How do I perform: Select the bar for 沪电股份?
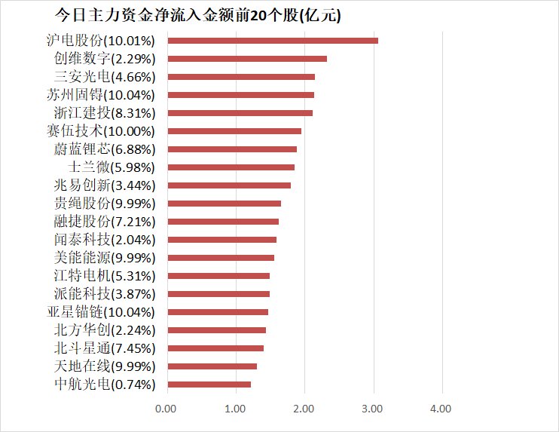[272, 41]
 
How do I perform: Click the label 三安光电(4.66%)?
[105, 77]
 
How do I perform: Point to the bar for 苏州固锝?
[240, 95]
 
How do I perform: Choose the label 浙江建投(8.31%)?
[105, 113]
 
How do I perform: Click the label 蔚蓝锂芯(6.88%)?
[105, 149]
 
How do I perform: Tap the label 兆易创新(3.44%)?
[105, 185]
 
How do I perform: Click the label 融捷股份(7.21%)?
[105, 222]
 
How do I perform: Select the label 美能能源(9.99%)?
[105, 258]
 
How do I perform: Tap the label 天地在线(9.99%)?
[105, 366]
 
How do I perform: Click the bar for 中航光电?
[209, 385]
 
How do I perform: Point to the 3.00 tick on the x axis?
[372, 409]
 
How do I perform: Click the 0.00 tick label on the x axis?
[166, 409]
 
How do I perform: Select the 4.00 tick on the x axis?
[441, 409]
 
